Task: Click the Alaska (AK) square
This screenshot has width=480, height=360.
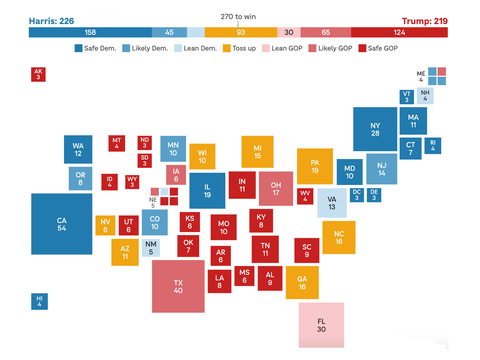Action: pos(38,74)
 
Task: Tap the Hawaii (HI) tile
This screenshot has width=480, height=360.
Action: pos(39,301)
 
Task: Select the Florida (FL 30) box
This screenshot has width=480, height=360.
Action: pos(321,325)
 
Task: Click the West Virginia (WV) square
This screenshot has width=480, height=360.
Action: pos(305,196)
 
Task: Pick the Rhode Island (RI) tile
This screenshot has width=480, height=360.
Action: pos(433,146)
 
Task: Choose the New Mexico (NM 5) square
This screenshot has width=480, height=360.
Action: pos(151,248)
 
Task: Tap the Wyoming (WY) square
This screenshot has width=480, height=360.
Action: pos(132,182)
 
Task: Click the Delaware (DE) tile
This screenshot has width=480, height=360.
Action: pos(374,195)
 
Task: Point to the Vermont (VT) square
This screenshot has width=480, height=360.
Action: pos(406,97)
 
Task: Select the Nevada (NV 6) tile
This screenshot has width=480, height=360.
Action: pos(105,225)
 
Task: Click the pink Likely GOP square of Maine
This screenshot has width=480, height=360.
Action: pos(442,72)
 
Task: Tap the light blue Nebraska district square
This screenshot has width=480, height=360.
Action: pos(164,192)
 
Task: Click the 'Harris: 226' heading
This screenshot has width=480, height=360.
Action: pos(51,21)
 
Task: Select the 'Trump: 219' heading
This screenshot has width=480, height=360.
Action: pos(424,21)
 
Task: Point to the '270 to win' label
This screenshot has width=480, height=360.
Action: pos(238,17)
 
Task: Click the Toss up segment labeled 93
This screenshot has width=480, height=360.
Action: pos(241,32)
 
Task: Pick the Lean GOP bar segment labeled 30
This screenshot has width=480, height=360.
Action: pos(289,32)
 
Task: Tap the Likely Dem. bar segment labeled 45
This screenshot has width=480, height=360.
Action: pos(169,32)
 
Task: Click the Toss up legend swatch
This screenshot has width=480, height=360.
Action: pos(227,48)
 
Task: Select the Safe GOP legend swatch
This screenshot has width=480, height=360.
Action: pos(362,48)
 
